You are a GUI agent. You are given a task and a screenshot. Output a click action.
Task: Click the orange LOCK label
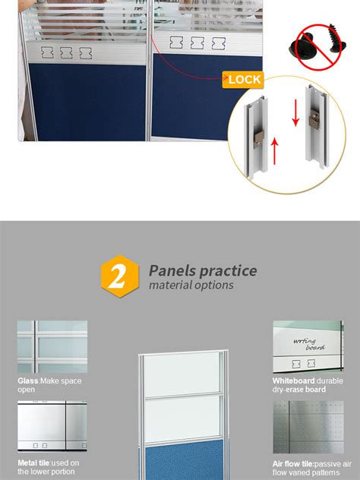click(243, 80)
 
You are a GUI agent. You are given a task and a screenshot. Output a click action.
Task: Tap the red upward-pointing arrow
click(275, 151)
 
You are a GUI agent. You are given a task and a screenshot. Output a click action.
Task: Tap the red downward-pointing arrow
click(295, 113)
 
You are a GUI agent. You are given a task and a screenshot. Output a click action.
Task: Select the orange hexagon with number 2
click(120, 276)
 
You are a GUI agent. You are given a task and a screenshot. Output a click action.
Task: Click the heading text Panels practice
click(203, 270)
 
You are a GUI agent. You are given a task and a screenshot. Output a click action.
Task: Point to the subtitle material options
click(191, 285)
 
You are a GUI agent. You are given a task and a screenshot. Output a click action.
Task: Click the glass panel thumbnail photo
click(52, 346)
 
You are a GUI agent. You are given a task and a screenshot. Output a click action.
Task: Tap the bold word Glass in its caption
click(28, 381)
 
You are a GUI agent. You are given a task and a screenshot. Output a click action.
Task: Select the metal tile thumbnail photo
click(52, 426)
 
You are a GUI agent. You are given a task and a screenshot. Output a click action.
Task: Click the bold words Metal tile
click(33, 463)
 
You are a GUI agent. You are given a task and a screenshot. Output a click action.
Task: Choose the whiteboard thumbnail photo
click(308, 346)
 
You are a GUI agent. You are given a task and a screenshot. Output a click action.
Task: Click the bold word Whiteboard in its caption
click(294, 381)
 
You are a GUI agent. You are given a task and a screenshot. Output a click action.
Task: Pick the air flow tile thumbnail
click(308, 427)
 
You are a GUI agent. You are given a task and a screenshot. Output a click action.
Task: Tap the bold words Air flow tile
click(293, 464)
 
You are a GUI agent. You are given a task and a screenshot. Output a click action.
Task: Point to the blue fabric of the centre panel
click(184, 459)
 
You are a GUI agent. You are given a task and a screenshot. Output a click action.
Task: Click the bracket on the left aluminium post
click(259, 139)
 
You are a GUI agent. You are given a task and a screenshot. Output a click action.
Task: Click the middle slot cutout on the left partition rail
click(66, 52)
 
